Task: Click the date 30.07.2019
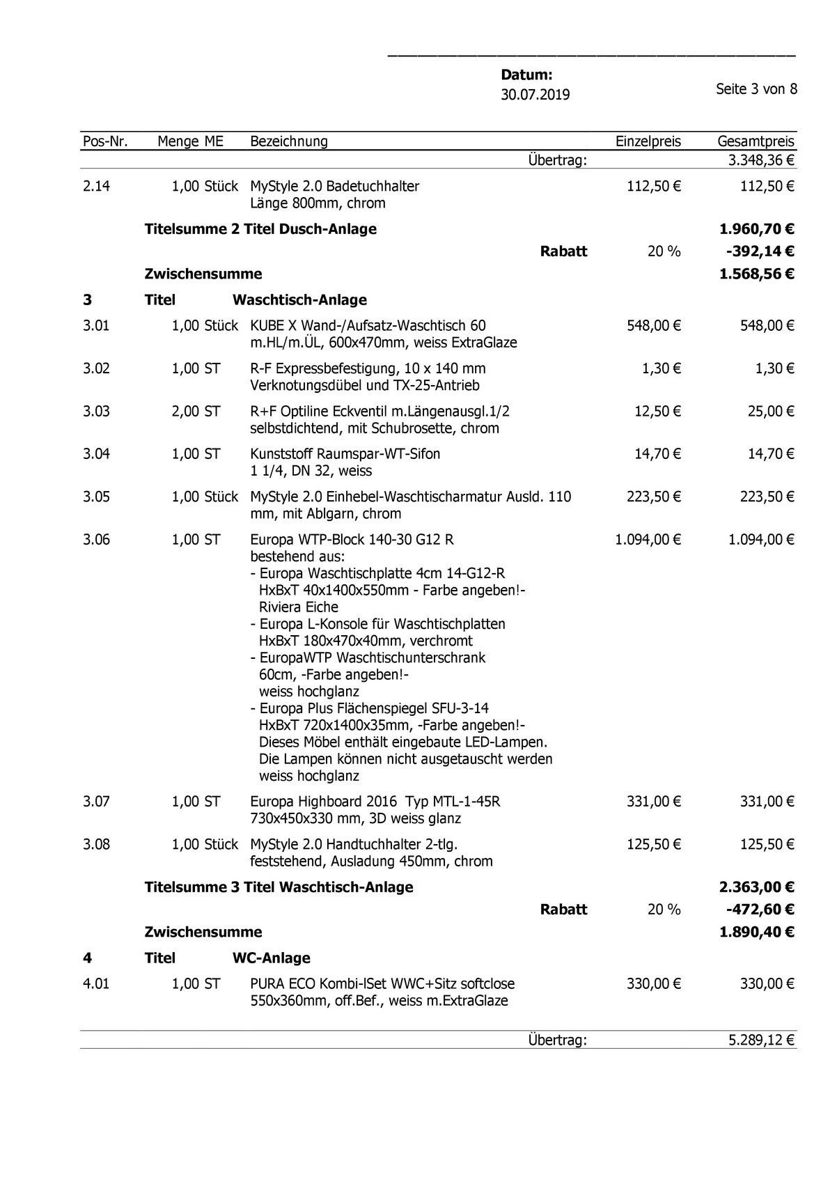535,95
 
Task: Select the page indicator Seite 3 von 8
756,89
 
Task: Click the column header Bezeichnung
288,141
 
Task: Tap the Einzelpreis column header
648,141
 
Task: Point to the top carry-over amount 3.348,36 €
760,161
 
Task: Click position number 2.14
96,186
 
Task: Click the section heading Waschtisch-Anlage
299,300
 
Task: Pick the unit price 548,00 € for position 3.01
653,325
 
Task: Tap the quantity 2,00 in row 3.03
185,411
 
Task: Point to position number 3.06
96,539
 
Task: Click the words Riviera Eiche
299,607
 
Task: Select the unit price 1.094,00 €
648,539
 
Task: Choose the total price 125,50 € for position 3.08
766,844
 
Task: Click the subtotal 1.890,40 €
756,932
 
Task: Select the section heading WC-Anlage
271,958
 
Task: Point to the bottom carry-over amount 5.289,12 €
760,1041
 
